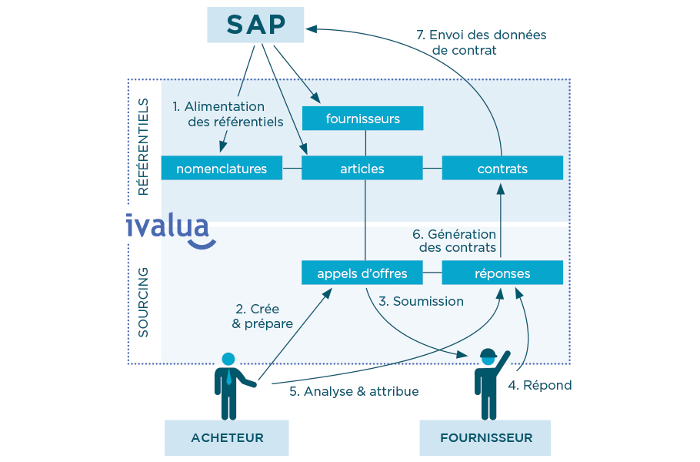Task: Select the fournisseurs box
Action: pyautogui.click(x=362, y=119)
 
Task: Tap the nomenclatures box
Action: pyautogui.click(x=222, y=169)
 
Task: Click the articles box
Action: pyautogui.click(x=362, y=169)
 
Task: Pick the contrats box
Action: pyautogui.click(x=502, y=169)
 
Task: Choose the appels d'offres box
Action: pyautogui.click(x=362, y=273)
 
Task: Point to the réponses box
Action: pyautogui.click(x=502, y=273)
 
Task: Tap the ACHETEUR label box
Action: pyautogui.click(x=227, y=437)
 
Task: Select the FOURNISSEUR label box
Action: pyautogui.click(x=485, y=437)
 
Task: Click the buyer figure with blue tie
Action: pyautogui.click(x=229, y=385)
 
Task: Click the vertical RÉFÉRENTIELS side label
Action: pyautogui.click(x=144, y=146)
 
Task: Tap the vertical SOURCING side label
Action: pyautogui.click(x=144, y=303)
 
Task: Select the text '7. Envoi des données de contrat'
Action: pyautogui.click(x=480, y=42)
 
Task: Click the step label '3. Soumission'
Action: pyautogui.click(x=421, y=301)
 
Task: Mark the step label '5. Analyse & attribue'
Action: pyautogui.click(x=354, y=391)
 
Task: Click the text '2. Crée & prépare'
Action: pyautogui.click(x=262, y=316)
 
